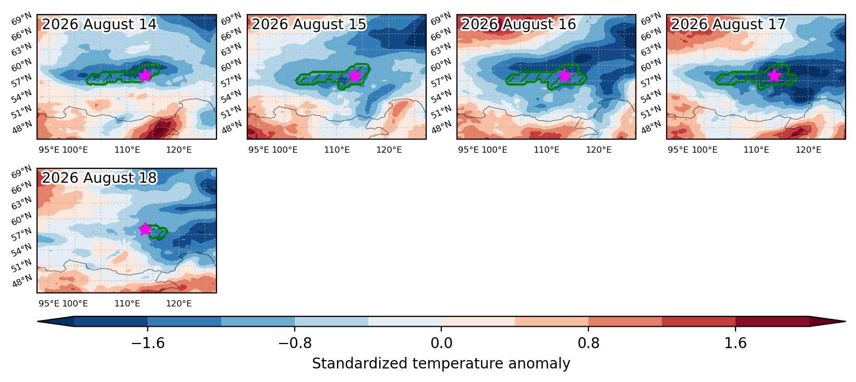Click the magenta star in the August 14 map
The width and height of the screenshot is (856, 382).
point(145,75)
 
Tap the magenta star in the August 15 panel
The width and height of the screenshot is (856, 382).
point(355,75)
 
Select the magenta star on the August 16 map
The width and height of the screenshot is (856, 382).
point(565,75)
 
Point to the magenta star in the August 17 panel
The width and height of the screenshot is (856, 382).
point(774,75)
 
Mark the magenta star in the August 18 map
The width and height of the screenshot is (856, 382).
point(145,229)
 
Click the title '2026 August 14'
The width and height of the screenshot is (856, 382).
point(99,24)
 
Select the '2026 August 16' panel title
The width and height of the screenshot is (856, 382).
point(518,24)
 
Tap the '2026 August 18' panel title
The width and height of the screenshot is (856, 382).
point(99,178)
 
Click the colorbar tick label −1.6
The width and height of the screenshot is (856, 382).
point(148,343)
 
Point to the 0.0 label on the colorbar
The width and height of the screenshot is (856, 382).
point(441,343)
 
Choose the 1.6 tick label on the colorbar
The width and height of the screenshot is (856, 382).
point(736,343)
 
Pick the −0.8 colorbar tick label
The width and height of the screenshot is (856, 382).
point(295,343)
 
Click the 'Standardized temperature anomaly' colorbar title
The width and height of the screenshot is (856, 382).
point(441,363)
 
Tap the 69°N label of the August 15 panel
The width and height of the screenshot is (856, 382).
point(231,19)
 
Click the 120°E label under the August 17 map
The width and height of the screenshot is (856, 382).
point(808,150)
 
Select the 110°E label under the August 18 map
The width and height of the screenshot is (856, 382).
point(127,303)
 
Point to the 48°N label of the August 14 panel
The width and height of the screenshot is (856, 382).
point(22,127)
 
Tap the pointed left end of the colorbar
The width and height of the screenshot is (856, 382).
point(38,322)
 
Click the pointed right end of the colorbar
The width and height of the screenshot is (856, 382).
point(845,322)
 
